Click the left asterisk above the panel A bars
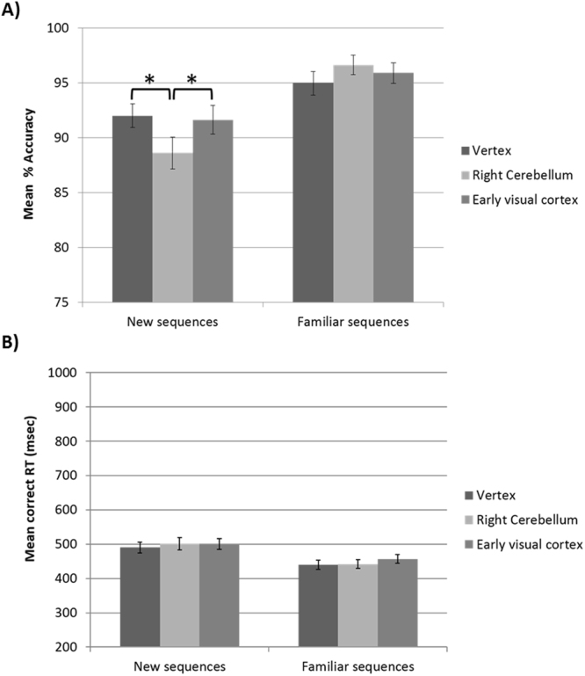tap(149, 80)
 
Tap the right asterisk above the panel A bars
tap(192, 80)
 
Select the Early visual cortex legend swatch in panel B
tap(465, 545)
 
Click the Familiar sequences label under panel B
tap(365, 665)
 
